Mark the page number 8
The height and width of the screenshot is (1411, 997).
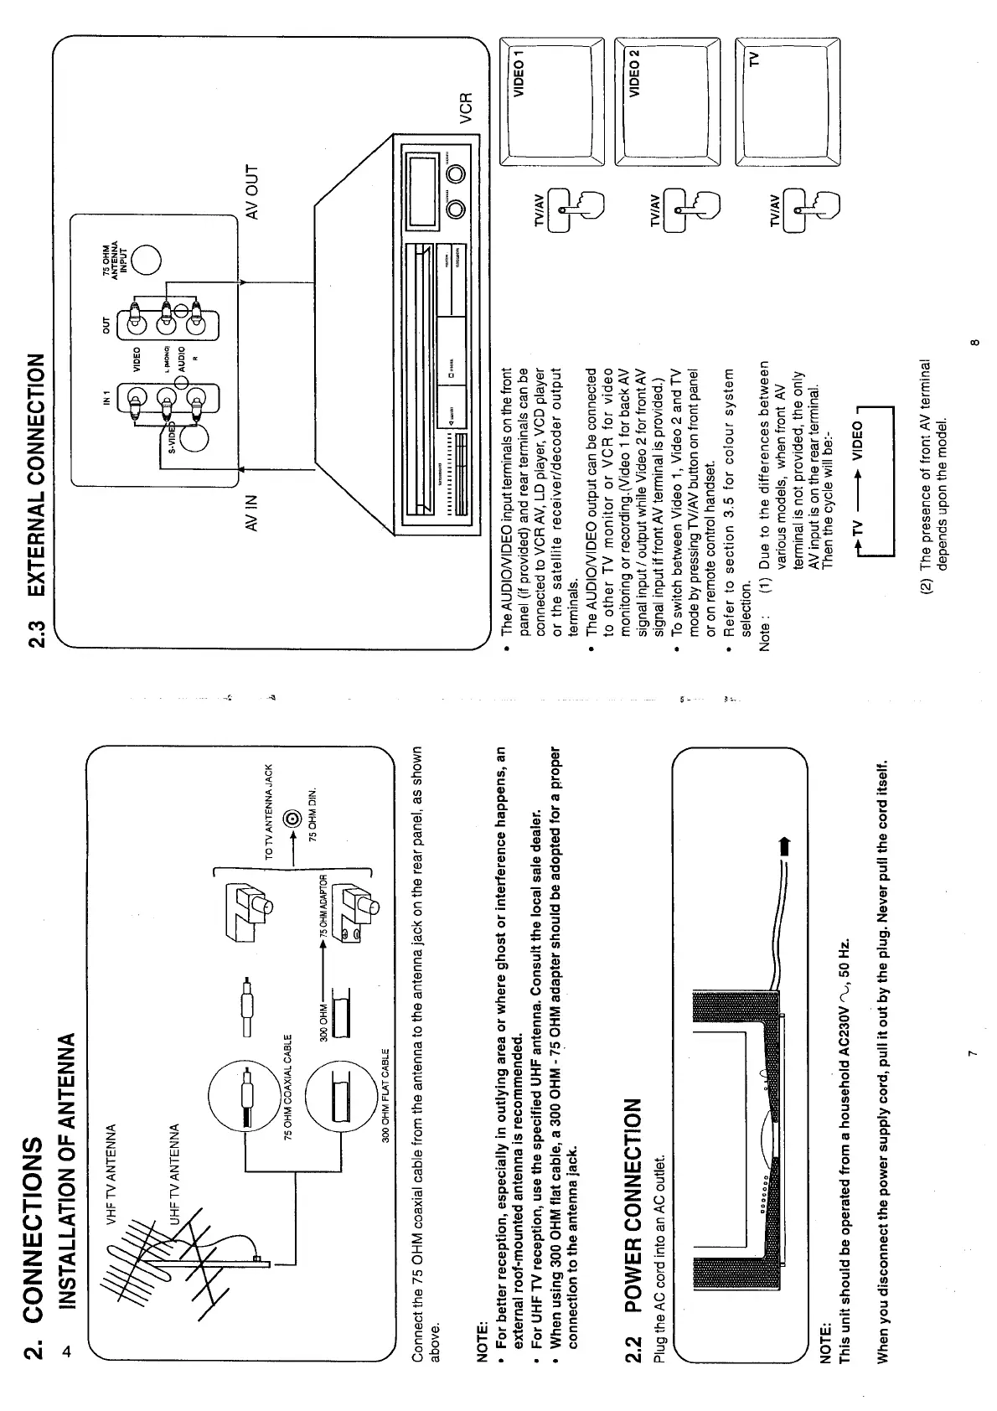coord(974,344)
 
